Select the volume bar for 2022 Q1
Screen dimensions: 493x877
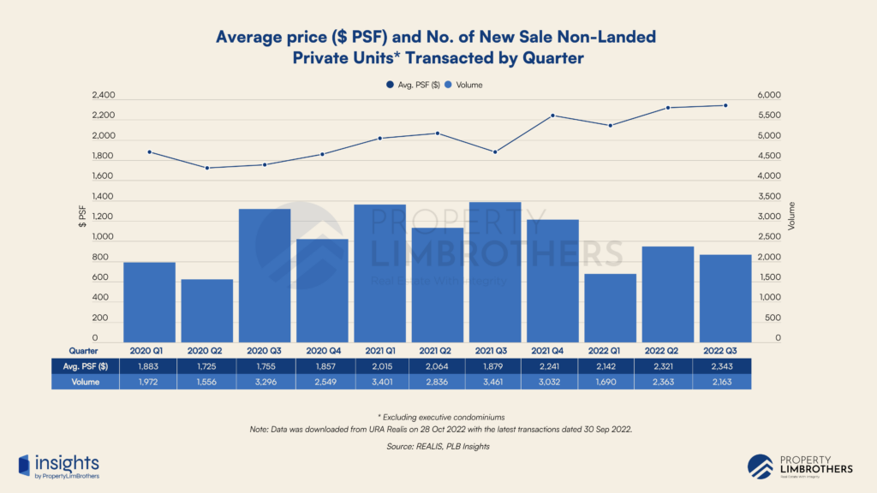[x=610, y=308]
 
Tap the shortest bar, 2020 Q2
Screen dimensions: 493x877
[x=206, y=311]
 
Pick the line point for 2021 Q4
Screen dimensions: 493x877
[x=552, y=116]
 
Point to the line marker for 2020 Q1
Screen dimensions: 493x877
[x=150, y=152]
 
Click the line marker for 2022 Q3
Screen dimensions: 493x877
[x=725, y=105]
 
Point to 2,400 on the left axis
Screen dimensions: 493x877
[x=103, y=96]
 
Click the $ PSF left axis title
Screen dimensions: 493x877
[x=82, y=217]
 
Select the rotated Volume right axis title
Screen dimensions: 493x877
[x=791, y=217]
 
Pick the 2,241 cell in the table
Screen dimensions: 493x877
[x=552, y=365]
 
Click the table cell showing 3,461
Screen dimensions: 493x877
[x=495, y=382]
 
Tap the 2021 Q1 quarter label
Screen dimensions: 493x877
[x=379, y=350]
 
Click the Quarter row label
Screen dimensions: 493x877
[x=84, y=350]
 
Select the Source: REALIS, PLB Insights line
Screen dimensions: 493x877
[x=438, y=446]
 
